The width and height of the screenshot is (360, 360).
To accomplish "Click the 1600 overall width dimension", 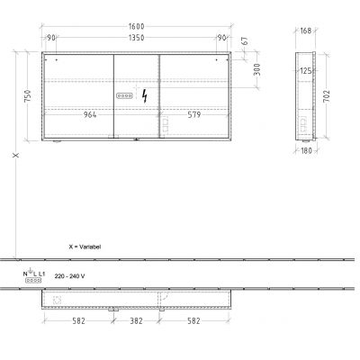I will click(134, 28).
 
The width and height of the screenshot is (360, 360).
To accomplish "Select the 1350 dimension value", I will click(134, 39).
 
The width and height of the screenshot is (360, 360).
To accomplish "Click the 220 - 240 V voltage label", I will click(70, 275).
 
